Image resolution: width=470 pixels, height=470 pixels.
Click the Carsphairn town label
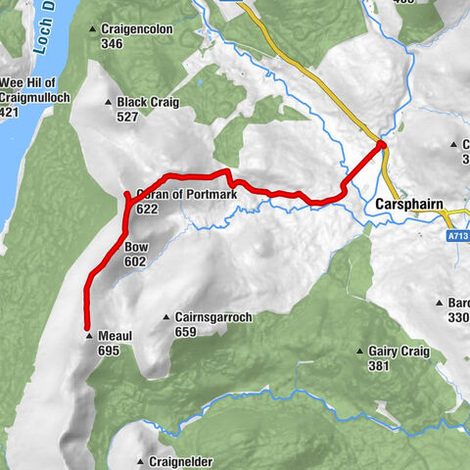(x=409, y=206)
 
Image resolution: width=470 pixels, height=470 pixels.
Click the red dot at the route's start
(x=381, y=146)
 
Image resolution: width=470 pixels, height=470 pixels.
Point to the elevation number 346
(x=112, y=44)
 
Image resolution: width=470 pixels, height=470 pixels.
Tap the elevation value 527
(x=127, y=117)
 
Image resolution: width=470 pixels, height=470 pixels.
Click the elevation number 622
(x=148, y=209)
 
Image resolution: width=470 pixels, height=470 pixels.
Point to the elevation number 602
(x=135, y=261)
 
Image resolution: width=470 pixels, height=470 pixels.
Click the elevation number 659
(x=185, y=332)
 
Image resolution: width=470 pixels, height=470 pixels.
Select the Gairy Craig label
(x=395, y=352)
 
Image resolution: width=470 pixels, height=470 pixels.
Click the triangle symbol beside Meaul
(x=89, y=336)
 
